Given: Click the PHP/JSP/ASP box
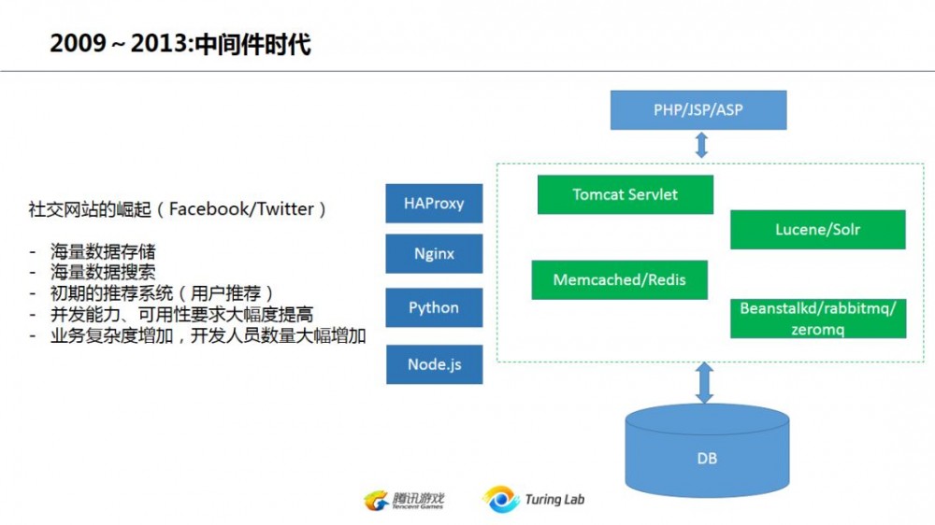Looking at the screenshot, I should (698, 109).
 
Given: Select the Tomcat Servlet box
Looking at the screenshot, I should (625, 194).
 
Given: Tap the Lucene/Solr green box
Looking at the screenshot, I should (817, 229).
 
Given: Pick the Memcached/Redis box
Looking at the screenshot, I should (619, 279).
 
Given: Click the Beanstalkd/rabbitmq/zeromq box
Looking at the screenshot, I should (817, 319).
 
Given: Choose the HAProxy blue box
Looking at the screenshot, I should (434, 203).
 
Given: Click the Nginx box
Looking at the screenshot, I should (434, 254).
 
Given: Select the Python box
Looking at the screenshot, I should (434, 307).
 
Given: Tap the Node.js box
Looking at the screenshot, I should (434, 364).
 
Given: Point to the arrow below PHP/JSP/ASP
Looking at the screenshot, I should (700, 145).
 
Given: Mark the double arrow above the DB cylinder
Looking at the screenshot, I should (705, 384).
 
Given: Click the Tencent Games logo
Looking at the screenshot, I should (404, 500).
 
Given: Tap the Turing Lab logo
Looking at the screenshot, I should (534, 500).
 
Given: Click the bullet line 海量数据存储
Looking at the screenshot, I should (103, 251).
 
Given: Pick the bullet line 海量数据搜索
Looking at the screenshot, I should (103, 272).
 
